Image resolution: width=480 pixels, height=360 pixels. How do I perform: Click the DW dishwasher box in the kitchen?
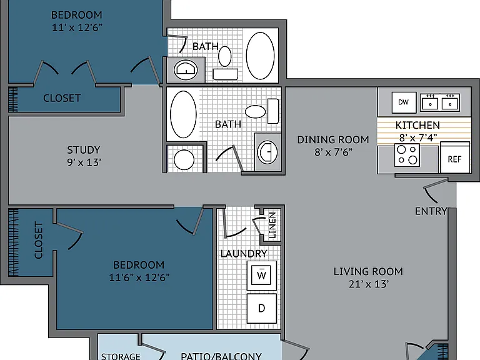click(404, 102)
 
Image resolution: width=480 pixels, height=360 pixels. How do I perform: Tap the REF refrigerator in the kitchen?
click(455, 157)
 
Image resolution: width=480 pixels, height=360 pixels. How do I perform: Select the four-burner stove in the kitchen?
click(407, 156)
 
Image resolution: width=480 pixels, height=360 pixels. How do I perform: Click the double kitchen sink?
click(440, 102)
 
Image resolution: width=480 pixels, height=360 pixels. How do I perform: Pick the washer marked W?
click(261, 276)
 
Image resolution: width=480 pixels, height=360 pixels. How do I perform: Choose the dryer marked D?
click(261, 308)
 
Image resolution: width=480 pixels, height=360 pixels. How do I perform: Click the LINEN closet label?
click(272, 225)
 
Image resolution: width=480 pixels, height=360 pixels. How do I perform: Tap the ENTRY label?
click(431, 211)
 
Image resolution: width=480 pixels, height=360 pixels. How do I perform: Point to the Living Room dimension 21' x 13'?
click(369, 284)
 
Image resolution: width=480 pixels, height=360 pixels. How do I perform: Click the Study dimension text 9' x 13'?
click(84, 162)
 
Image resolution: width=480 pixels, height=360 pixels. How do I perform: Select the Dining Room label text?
click(333, 139)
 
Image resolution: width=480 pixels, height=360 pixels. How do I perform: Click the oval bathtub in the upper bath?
click(260, 56)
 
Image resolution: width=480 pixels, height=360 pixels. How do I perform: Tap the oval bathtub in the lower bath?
click(183, 114)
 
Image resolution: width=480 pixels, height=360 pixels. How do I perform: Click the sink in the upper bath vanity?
click(186, 70)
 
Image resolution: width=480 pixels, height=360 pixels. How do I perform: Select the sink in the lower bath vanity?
click(267, 152)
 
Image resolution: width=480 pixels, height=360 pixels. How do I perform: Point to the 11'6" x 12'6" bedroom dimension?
click(139, 277)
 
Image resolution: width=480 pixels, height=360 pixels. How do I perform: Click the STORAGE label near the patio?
click(121, 356)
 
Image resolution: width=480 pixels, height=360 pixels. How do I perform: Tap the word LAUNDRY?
click(244, 254)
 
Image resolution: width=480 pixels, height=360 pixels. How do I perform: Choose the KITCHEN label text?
click(417, 125)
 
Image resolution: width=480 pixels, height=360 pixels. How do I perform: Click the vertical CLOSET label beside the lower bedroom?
click(38, 240)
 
